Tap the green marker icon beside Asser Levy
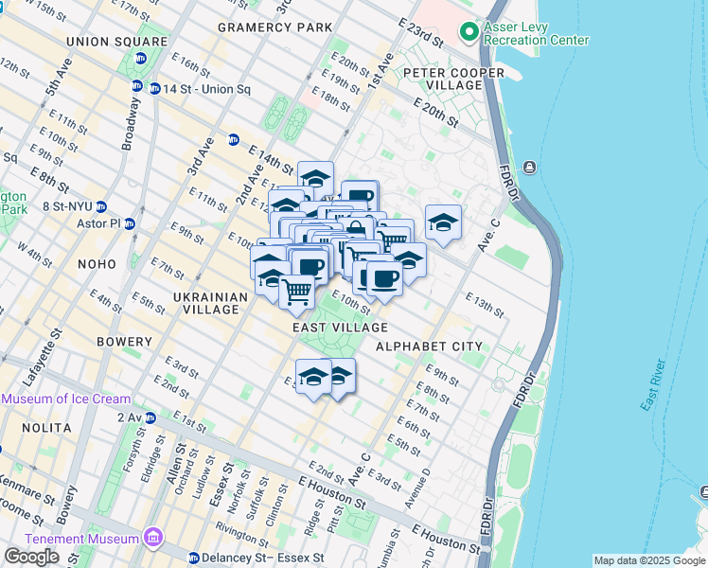point(469,33)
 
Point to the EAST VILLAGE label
point(340,328)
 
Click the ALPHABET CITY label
point(429,346)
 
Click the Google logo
point(31,557)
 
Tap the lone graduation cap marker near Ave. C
point(443,222)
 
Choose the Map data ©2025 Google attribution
point(647,560)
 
